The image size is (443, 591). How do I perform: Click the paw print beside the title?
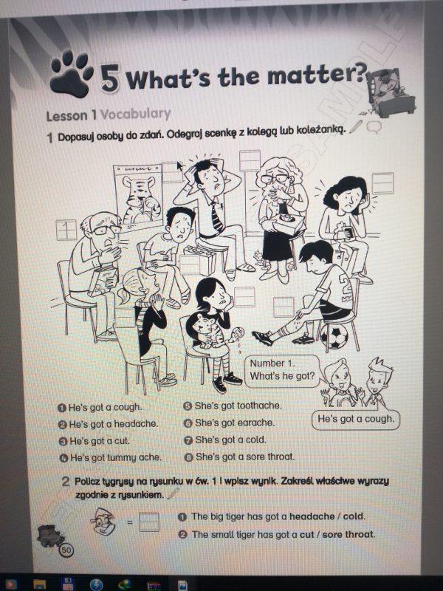click(71, 74)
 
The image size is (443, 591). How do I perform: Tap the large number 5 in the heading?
click(110, 78)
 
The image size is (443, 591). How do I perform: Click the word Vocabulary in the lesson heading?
click(136, 114)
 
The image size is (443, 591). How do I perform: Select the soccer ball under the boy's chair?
click(334, 336)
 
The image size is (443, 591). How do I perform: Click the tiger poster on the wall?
click(139, 197)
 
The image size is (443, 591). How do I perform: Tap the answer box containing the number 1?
click(66, 230)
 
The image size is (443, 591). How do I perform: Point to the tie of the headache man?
click(216, 216)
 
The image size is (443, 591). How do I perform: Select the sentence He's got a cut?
click(100, 440)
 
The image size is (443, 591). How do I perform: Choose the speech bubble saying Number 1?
click(283, 370)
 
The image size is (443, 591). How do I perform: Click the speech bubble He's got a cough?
click(356, 419)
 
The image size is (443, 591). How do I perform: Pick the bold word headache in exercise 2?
click(312, 516)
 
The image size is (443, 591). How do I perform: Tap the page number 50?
click(66, 550)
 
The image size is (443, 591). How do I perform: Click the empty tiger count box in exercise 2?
click(149, 522)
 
